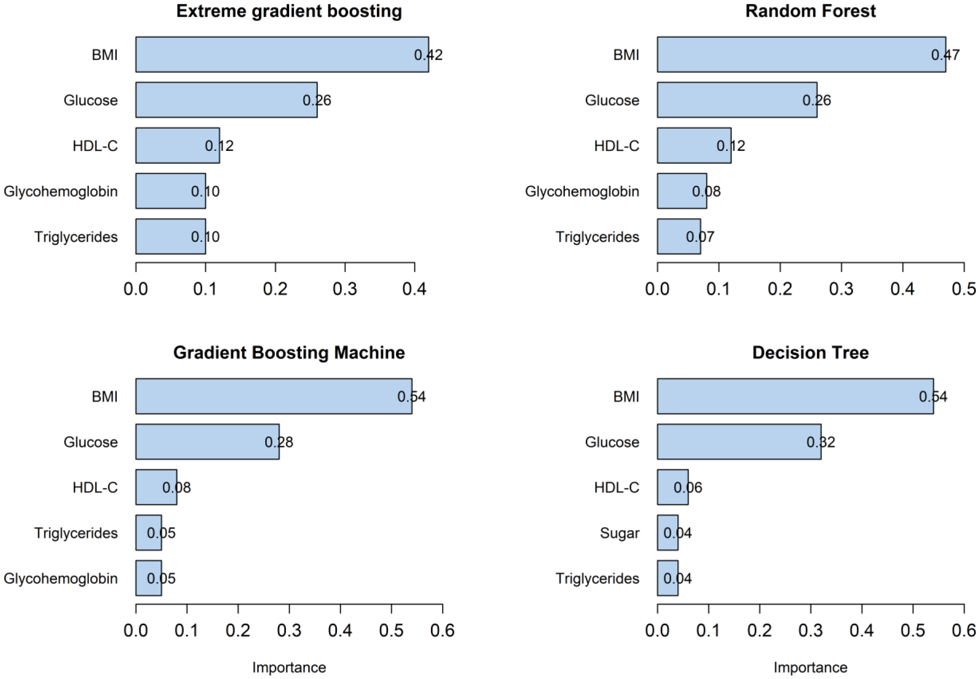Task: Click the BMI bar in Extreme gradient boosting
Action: tap(282, 54)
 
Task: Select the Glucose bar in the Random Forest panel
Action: tap(737, 100)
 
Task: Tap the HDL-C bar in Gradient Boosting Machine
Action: tap(156, 487)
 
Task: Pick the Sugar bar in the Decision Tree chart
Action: tap(668, 533)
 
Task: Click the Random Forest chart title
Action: tap(810, 11)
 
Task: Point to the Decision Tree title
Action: tap(810, 353)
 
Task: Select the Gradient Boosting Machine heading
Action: tap(289, 353)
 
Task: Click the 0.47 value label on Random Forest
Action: tap(945, 55)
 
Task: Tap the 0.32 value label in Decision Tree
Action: tap(821, 442)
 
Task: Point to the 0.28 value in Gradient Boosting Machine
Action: tap(278, 442)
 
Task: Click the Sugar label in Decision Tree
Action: tap(619, 533)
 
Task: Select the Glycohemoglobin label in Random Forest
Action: tap(581, 191)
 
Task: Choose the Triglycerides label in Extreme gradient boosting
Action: tap(76, 237)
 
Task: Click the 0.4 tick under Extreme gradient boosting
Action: tap(415, 288)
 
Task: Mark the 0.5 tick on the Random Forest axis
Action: tap(964, 288)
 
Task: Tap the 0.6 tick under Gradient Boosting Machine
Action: tap(442, 630)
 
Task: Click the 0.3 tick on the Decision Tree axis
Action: tap(810, 630)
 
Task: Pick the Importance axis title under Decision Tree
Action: tap(810, 667)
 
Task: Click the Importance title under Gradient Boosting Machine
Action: tap(289, 667)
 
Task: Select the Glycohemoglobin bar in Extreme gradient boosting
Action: tap(170, 191)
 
